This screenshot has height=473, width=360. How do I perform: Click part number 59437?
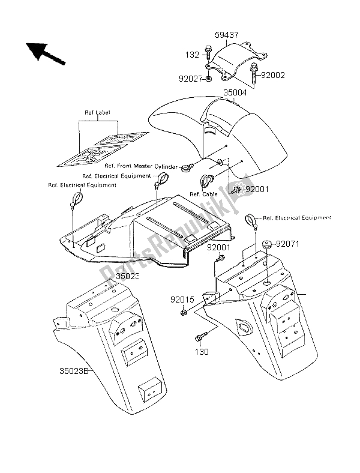pyautogui.click(x=227, y=35)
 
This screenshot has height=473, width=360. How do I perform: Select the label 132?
pyautogui.click(x=191, y=54)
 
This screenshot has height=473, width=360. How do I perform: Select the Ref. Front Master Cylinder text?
pyautogui.click(x=142, y=166)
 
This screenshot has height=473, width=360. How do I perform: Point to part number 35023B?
pyautogui.click(x=77, y=370)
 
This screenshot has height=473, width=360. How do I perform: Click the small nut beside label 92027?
pyautogui.click(x=207, y=78)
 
